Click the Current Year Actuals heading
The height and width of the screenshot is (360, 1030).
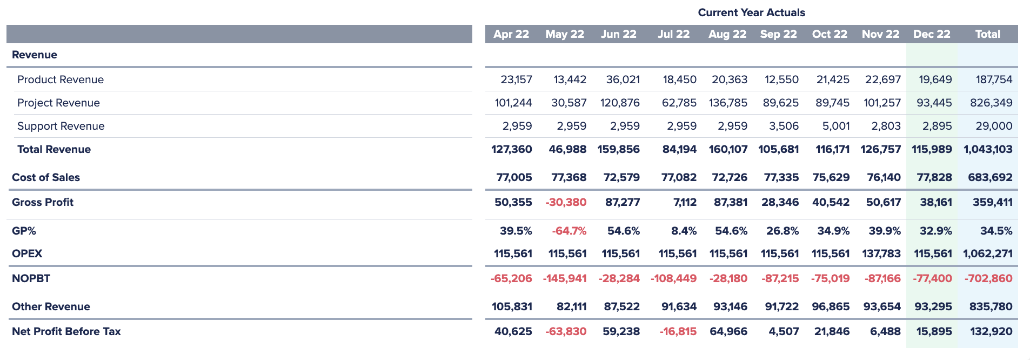[751, 12]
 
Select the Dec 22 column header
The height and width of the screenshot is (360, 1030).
[931, 34]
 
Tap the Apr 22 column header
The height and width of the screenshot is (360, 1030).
[511, 34]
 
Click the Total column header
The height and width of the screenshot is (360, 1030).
[987, 34]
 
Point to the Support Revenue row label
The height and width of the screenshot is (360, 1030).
[61, 126]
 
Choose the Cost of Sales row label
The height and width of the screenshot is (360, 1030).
[46, 177]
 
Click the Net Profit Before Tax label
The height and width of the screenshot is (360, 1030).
[66, 331]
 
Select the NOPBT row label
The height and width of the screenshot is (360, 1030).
[31, 278]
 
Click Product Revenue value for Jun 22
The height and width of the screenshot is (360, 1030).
[623, 79]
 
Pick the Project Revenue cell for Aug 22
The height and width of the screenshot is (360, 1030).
[728, 103]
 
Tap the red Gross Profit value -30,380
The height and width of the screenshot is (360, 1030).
[566, 202]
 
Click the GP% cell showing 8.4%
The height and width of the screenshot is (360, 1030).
[684, 231]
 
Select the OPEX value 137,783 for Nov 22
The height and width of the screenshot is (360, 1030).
[881, 254]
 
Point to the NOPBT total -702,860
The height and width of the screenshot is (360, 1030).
[988, 278]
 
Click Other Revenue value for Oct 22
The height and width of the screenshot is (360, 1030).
[831, 306]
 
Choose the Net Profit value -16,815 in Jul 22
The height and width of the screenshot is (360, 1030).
[678, 331]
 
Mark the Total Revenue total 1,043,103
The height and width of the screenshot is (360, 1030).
[988, 149]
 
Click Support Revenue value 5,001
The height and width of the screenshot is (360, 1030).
[835, 126]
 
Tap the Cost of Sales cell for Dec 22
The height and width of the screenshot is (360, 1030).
[934, 177]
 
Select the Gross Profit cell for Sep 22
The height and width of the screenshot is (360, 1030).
[780, 202]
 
